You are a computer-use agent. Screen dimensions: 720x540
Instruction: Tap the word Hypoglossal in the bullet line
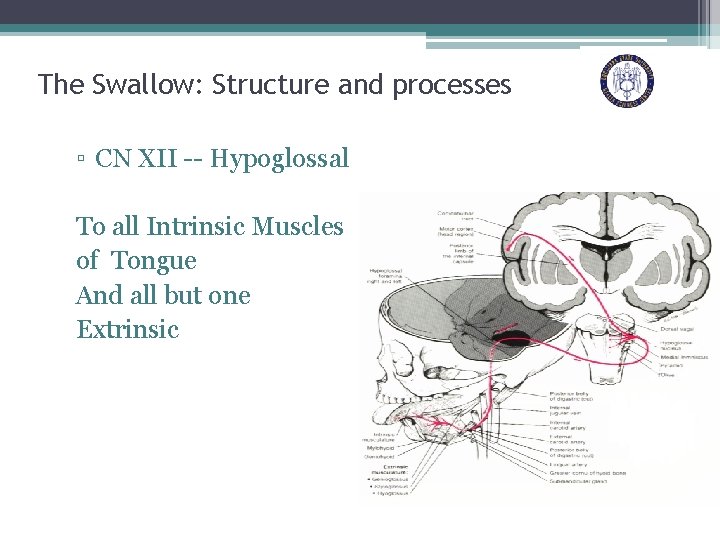280,158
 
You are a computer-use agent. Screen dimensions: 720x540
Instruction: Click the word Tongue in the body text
154,261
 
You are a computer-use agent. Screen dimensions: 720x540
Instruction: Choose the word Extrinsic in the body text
127,329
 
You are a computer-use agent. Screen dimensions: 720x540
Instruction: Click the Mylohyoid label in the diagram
379,448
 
